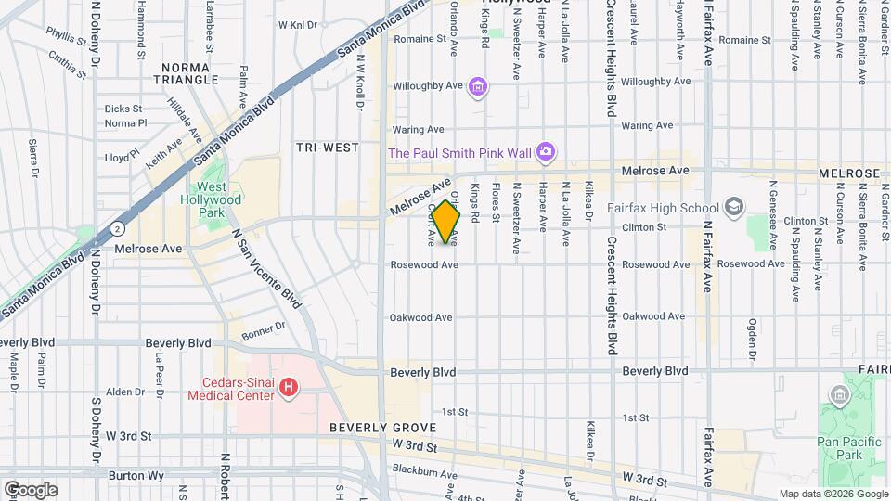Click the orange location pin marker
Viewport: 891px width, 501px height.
click(x=446, y=221)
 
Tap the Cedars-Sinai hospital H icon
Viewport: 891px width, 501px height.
click(x=289, y=386)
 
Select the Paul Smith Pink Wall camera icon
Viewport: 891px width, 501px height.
click(x=547, y=151)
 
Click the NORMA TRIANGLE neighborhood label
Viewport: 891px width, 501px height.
click(x=190, y=74)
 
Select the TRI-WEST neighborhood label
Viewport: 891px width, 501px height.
click(x=327, y=148)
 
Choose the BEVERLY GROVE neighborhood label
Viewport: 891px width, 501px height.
click(x=382, y=428)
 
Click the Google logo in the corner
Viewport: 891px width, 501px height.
click(x=30, y=489)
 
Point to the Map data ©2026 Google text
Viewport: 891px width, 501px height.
click(x=833, y=494)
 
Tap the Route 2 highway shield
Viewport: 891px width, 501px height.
click(x=117, y=227)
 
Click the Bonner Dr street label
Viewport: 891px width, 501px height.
click(x=265, y=328)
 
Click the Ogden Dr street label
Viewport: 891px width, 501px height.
click(x=752, y=339)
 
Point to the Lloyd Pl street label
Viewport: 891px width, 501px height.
click(x=123, y=157)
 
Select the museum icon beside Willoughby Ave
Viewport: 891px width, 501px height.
click(x=478, y=87)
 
